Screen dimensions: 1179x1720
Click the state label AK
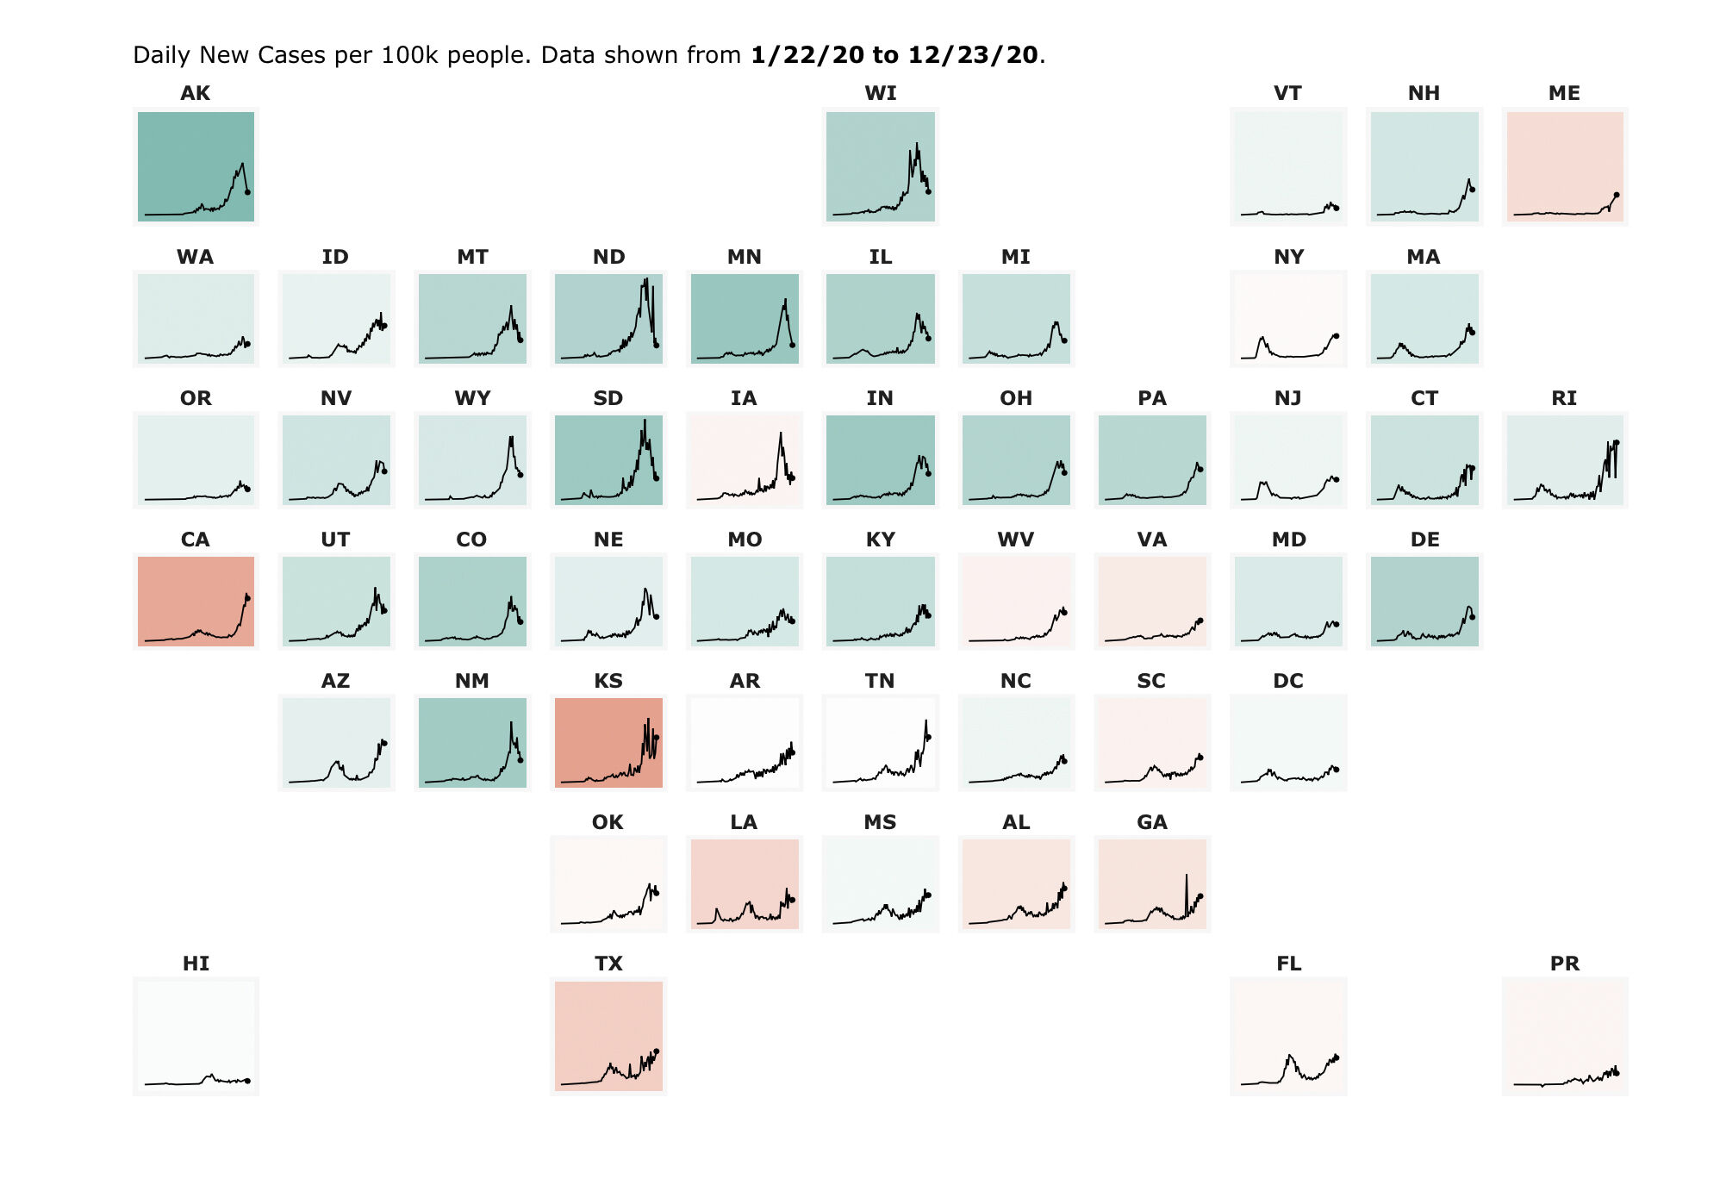pos(195,93)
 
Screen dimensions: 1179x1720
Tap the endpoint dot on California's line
pos(247,597)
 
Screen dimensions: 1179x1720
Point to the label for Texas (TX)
pos(608,964)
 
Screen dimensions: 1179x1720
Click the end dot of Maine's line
pos(1616,195)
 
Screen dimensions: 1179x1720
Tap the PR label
pos(1564,964)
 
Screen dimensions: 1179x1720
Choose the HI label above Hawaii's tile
pos(196,964)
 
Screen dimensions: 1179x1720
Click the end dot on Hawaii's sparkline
pos(247,1081)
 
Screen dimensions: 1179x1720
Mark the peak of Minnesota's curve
pos(785,300)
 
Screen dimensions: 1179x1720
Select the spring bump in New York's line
pos(1262,339)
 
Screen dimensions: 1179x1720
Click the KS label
pos(608,681)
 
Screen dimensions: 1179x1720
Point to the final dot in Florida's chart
pos(1337,1057)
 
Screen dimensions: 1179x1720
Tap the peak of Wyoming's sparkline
pos(512,438)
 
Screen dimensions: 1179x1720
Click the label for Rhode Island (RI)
pos(1564,398)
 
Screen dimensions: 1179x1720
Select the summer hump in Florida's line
pos(1290,1056)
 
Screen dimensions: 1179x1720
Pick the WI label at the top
pos(880,93)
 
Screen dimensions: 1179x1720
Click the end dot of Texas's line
pos(657,1051)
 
